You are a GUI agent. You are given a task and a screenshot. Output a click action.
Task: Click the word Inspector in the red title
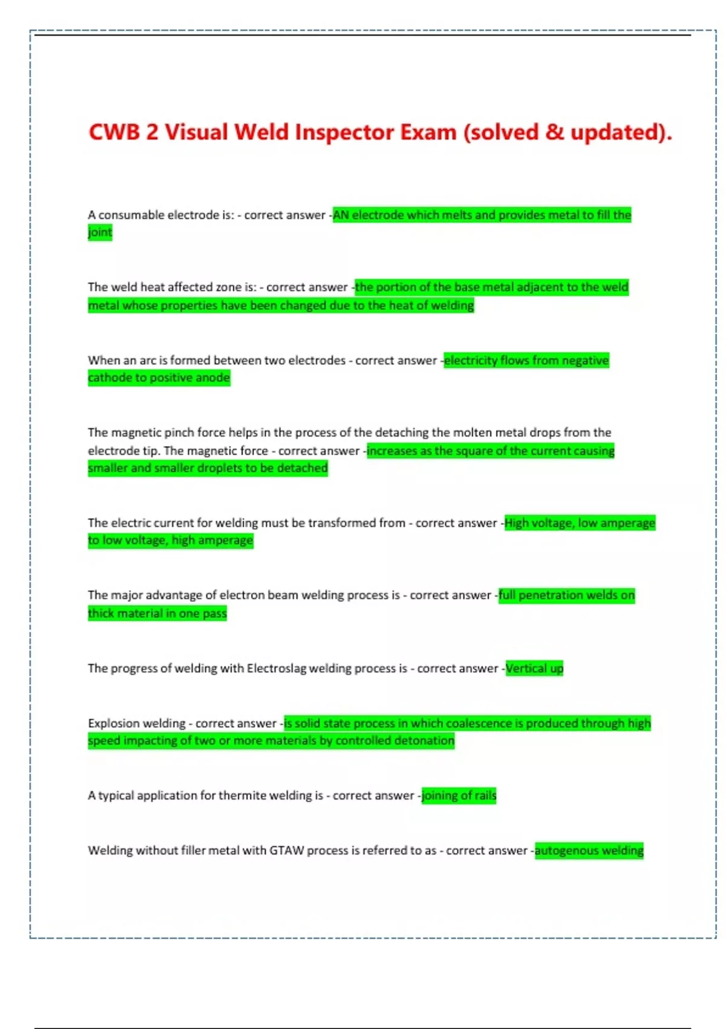click(344, 132)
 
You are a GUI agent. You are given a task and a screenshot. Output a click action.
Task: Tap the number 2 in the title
click(151, 132)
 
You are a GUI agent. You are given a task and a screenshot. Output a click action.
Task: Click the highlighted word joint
click(100, 232)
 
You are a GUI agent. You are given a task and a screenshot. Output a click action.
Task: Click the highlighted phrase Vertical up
click(534, 668)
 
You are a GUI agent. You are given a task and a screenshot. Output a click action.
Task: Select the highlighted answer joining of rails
click(459, 795)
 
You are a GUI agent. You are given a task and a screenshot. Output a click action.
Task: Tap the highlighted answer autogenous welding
click(589, 850)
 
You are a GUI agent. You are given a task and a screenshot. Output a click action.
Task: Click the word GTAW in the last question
click(286, 850)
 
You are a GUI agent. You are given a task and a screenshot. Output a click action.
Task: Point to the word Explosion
click(114, 723)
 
